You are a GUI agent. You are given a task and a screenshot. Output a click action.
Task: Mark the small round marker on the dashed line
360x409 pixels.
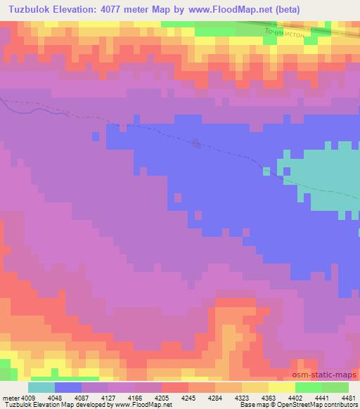point(196,144)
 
